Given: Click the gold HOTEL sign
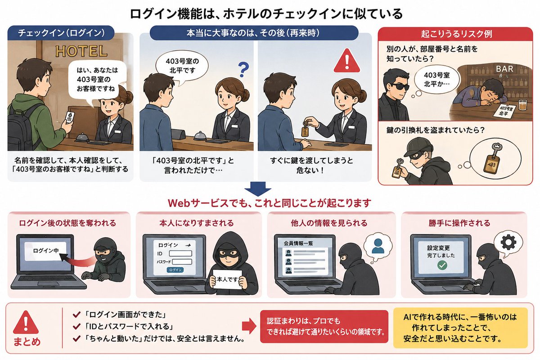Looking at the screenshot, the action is pos(81,51).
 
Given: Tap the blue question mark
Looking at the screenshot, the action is pos(243,70).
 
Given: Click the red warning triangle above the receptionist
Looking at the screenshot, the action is pos(347,61).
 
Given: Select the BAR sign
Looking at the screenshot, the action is pos(504,69).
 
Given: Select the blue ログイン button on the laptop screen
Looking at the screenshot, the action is pos(175,270).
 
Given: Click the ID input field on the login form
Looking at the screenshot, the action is pos(180,253).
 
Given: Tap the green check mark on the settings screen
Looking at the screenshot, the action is pos(442,265).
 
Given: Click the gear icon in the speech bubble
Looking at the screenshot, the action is pos(508,242).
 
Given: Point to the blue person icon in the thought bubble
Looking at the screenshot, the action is pos(378,246).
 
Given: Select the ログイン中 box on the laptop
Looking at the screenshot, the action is pos(45,251).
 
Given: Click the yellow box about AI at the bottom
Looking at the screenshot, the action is pos(460,328).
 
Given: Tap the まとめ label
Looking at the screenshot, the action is pos(27,342).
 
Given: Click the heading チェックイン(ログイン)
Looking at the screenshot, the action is pos(61,33).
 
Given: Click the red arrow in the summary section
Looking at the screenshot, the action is pos(249,326).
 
